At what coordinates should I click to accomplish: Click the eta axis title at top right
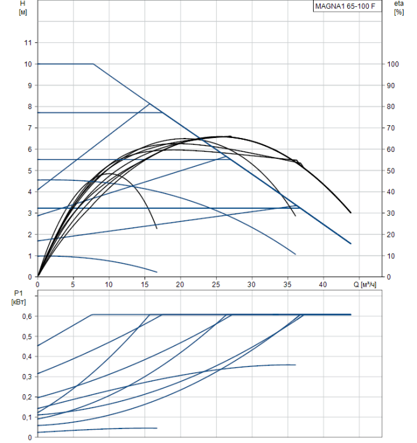click(x=398, y=4)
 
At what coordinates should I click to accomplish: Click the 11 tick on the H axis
click(x=27, y=42)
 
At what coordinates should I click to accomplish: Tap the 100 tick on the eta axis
click(x=393, y=64)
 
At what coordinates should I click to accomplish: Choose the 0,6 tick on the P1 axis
click(x=27, y=316)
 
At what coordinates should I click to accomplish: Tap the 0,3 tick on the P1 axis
click(x=27, y=377)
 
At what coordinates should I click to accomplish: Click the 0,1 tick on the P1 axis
click(x=27, y=417)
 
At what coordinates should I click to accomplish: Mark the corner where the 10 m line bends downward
click(x=94, y=64)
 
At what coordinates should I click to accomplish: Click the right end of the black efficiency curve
click(x=350, y=213)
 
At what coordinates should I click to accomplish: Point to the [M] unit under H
click(x=24, y=13)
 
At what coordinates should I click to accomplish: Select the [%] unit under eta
click(x=399, y=13)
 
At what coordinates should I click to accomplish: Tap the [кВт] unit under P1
click(x=17, y=302)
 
